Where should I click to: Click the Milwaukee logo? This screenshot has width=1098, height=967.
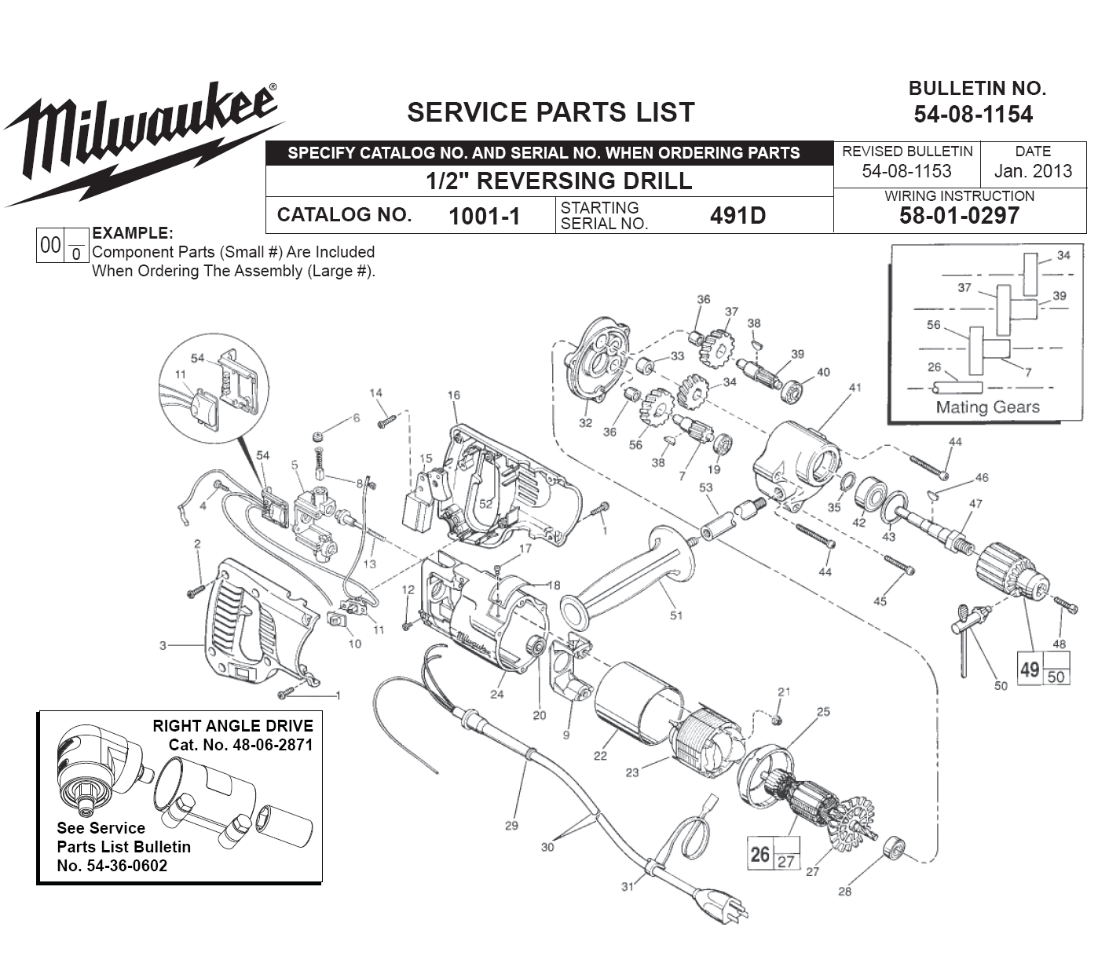[141, 141]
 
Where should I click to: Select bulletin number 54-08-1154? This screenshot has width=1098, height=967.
[973, 115]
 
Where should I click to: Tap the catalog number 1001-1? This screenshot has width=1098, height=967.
[484, 216]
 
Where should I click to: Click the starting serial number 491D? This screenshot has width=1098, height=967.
[737, 216]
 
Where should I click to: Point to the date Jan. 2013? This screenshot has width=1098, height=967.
[1032, 171]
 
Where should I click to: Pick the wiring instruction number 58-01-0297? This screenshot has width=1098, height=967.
[959, 216]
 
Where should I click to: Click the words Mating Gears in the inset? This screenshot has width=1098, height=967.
[987, 407]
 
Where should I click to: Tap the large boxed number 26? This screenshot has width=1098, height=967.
[759, 853]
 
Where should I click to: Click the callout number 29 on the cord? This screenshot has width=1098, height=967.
[511, 825]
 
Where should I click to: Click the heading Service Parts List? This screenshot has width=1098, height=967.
[551, 112]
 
